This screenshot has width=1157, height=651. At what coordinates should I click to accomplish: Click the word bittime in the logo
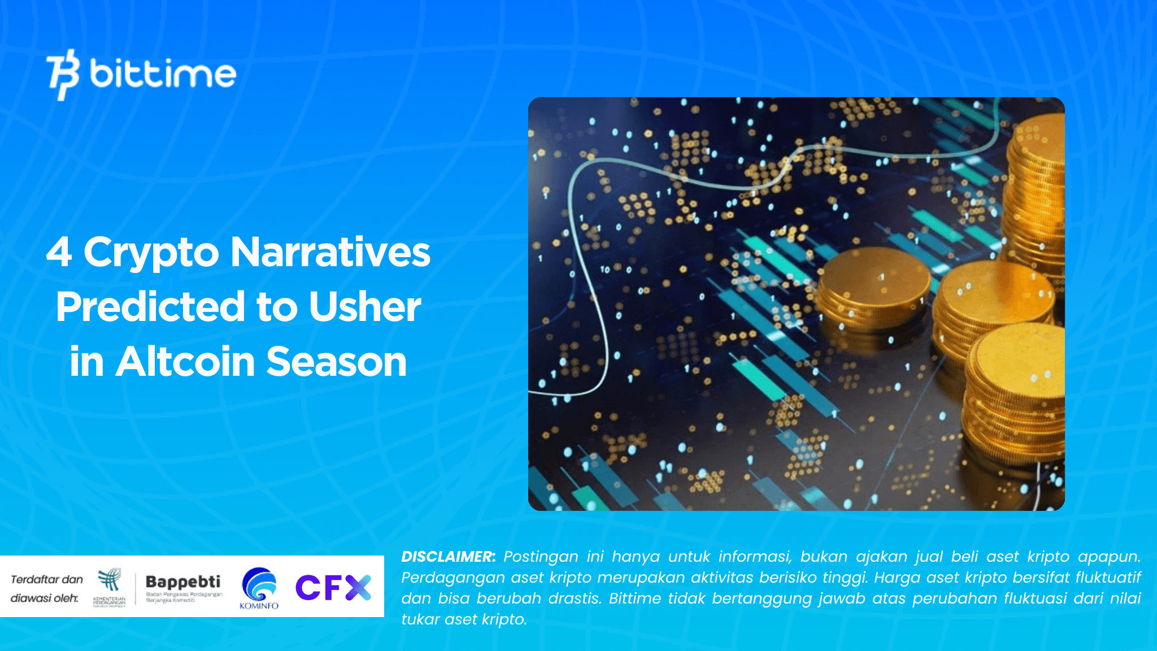(x=163, y=74)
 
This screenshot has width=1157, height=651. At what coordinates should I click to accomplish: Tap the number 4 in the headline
(x=59, y=252)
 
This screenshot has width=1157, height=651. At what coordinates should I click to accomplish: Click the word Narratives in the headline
(x=330, y=252)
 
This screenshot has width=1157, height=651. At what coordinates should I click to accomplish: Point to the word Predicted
(x=150, y=307)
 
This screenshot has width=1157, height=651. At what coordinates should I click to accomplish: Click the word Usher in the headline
(x=364, y=307)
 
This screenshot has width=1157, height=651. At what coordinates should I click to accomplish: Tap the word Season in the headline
(x=336, y=362)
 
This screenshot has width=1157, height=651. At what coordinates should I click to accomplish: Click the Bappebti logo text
(x=183, y=582)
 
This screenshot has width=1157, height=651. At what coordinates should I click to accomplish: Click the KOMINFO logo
(x=259, y=588)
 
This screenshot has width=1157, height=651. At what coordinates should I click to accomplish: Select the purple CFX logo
(x=333, y=587)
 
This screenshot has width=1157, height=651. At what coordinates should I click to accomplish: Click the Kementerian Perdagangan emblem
(x=109, y=586)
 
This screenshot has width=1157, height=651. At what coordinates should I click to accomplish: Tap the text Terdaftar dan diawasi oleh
(x=46, y=588)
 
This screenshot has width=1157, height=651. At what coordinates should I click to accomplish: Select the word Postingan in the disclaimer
(x=541, y=557)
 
